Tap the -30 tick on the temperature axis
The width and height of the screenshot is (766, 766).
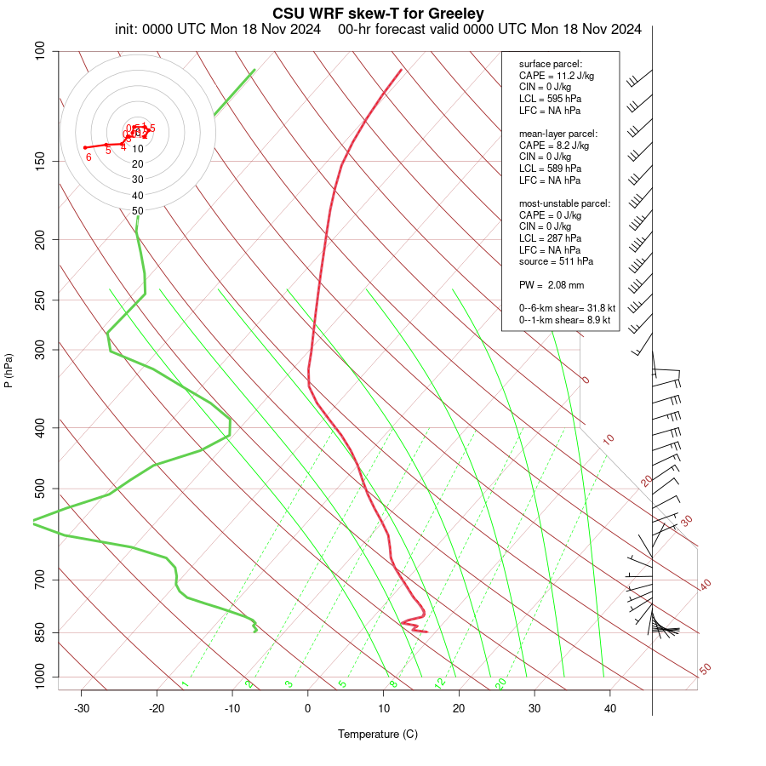82,709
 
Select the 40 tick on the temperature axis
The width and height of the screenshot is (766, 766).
610,709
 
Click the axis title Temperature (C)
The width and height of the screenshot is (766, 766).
378,734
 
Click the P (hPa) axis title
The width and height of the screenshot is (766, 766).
9,371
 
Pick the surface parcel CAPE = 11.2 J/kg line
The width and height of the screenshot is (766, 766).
557,76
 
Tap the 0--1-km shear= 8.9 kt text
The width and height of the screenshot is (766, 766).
565,319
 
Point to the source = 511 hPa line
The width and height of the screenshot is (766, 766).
557,261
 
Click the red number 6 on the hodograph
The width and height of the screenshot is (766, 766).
89,157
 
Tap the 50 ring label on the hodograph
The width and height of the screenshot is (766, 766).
137,210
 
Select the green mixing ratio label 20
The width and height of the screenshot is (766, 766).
501,683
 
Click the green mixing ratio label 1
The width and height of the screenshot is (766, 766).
185,684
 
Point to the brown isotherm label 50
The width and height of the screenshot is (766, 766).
706,669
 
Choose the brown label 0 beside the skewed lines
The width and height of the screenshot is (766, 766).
586,380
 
